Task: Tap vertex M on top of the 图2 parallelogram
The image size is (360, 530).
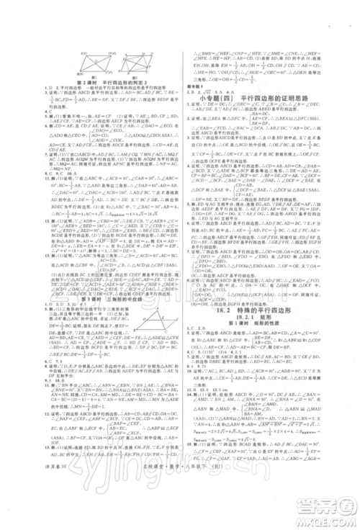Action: [145, 52]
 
